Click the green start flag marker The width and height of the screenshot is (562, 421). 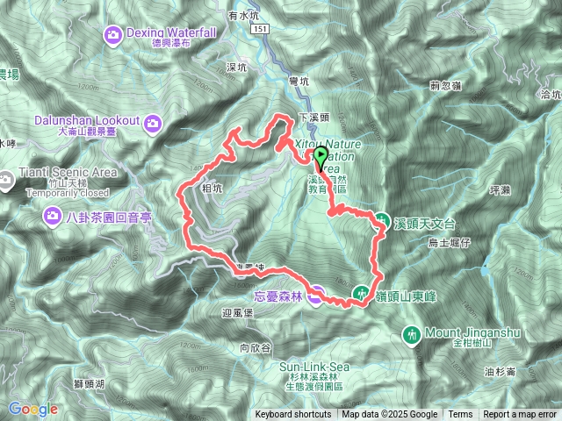pyautogui.click(x=321, y=155)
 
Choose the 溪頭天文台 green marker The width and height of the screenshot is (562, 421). pyautogui.click(x=383, y=221)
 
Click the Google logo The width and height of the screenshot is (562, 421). pyautogui.click(x=32, y=409)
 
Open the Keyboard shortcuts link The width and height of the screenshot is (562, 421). pyautogui.click(x=294, y=415)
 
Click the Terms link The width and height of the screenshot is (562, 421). pyautogui.click(x=460, y=415)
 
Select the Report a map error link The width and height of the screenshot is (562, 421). pyautogui.click(x=520, y=415)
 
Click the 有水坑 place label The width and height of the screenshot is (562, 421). pyautogui.click(x=240, y=16)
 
